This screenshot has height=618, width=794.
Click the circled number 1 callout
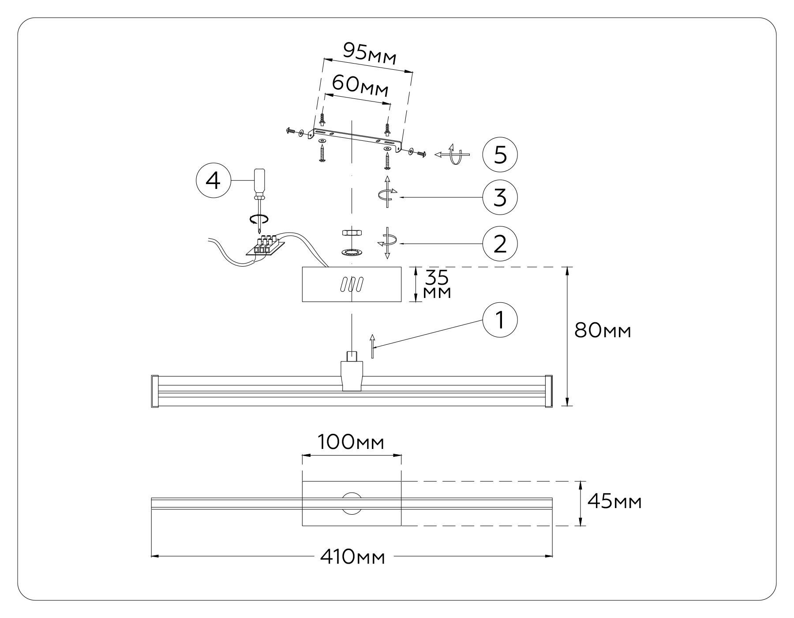[x=499, y=320]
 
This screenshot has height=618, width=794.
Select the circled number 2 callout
[x=499, y=243]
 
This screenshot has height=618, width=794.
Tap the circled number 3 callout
[x=499, y=197]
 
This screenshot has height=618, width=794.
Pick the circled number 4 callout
[x=213, y=181]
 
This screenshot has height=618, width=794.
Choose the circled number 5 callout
[x=499, y=155]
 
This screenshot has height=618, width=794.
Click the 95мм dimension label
[x=370, y=53]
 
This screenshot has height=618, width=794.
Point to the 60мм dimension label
[x=360, y=85]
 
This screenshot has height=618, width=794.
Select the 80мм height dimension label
[x=603, y=330]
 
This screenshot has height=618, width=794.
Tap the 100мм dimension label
[x=351, y=442]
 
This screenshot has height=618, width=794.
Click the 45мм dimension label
[x=614, y=502]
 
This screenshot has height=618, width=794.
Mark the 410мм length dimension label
[x=352, y=557]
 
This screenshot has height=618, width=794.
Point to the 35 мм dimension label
[x=437, y=284]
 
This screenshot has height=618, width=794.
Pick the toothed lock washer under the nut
[x=351, y=252]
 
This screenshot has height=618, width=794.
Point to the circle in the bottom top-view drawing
[x=352, y=503]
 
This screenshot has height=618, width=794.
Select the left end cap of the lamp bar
[x=154, y=391]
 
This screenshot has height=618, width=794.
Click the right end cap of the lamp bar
[x=549, y=391]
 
